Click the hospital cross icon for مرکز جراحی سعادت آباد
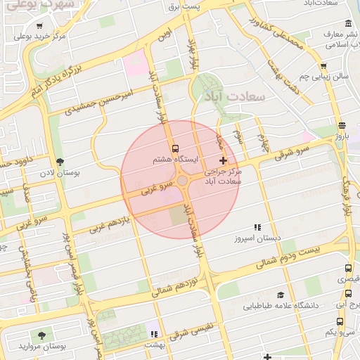click(224, 161)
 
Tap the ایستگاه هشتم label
click(171, 160)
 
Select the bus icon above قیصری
click(348, 268)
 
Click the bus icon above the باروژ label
click(341, 126)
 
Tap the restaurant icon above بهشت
click(153, 334)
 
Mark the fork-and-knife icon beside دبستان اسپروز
click(257, 227)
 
